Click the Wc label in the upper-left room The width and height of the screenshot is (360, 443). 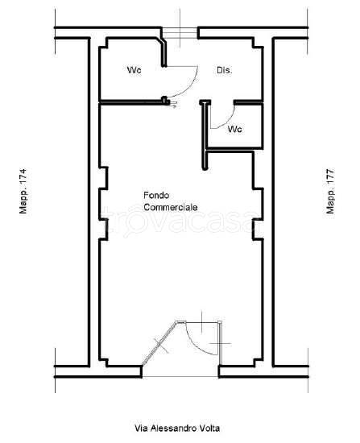click(x=134, y=70)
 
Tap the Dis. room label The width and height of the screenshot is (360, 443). click(x=225, y=70)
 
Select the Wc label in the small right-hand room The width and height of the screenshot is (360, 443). click(x=234, y=129)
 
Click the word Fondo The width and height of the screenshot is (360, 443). click(x=156, y=195)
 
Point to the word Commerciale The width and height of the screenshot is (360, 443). click(x=171, y=207)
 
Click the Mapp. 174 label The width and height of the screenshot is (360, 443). click(x=23, y=191)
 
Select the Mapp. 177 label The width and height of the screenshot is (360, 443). click(x=330, y=191)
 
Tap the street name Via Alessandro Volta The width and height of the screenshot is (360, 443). click(x=177, y=429)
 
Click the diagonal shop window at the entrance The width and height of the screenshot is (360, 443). click(x=159, y=342)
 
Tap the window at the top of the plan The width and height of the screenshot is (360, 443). click(x=180, y=33)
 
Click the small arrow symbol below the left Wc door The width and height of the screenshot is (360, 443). click(x=173, y=105)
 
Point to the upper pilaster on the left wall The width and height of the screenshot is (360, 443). click(x=103, y=178)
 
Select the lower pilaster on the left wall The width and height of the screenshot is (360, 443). click(x=103, y=229)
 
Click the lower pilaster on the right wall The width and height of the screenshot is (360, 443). click(x=258, y=229)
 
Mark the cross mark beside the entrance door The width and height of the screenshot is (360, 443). click(x=220, y=344)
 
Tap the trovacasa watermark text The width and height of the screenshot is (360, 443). click(x=180, y=221)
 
